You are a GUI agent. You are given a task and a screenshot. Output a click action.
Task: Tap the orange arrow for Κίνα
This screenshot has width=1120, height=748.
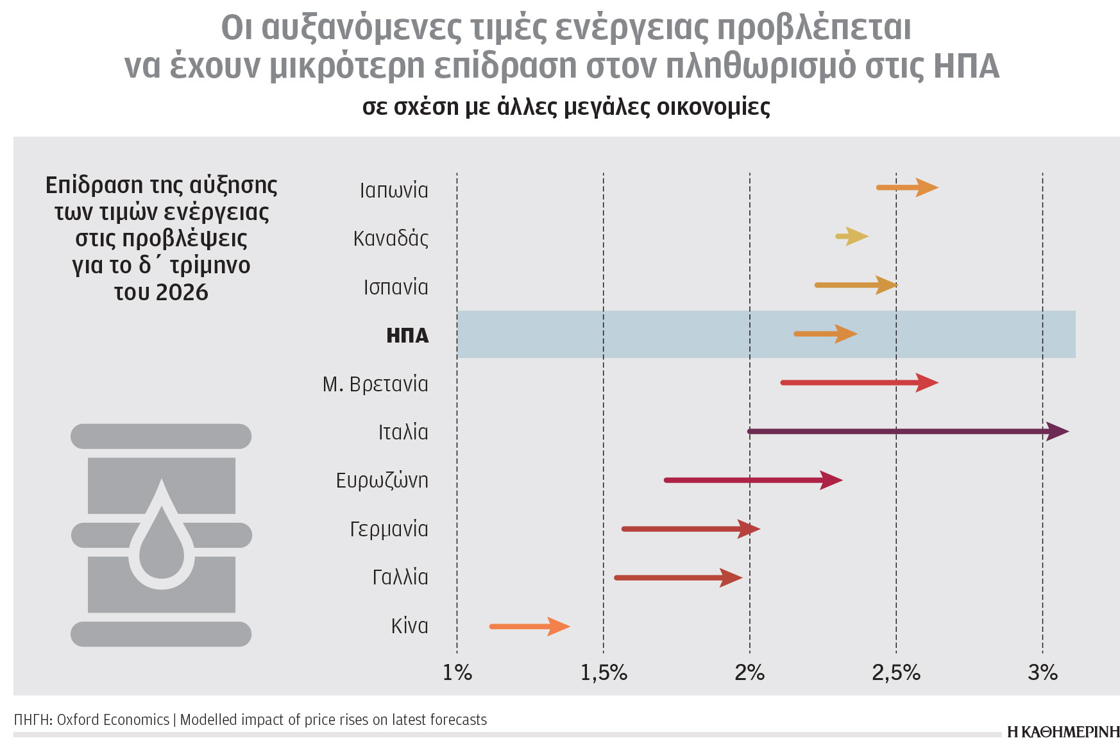pyautogui.click(x=529, y=626)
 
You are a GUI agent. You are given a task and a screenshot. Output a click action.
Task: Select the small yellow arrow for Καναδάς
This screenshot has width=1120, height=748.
pyautogui.click(x=852, y=237)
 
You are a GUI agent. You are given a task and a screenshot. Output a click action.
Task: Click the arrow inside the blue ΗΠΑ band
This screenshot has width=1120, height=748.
pyautogui.click(x=825, y=334)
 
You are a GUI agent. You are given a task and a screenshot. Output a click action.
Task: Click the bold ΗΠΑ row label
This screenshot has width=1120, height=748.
pyautogui.click(x=407, y=336)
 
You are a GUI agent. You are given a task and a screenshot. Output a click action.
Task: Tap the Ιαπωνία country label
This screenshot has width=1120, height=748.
pyautogui.click(x=393, y=191)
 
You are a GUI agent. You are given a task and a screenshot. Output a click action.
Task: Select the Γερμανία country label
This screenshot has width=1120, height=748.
pyautogui.click(x=389, y=529)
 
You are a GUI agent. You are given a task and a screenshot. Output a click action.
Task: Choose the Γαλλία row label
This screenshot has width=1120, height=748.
pyautogui.click(x=400, y=577)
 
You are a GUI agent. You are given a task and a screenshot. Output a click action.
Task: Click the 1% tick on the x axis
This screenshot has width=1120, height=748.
pyautogui.click(x=457, y=672)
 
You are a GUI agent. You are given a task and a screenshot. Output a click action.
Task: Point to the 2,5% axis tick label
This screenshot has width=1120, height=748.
pyautogui.click(x=895, y=672)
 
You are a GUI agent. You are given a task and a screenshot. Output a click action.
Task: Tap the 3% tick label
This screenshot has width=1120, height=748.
pyautogui.click(x=1042, y=672)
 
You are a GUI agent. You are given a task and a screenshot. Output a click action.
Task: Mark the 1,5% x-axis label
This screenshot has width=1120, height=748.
pyautogui.click(x=604, y=672)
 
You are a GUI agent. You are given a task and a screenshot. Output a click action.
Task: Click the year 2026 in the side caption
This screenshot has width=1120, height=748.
pyautogui.click(x=182, y=293)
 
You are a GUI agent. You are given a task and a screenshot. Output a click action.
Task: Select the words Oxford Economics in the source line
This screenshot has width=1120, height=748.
pyautogui.click(x=113, y=720)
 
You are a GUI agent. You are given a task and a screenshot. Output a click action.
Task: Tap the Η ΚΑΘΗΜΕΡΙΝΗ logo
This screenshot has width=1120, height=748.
pyautogui.click(x=1063, y=732)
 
